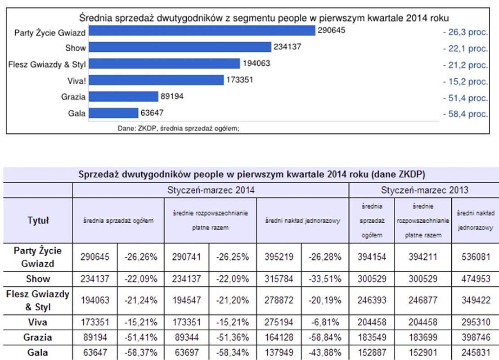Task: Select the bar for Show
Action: (180, 47)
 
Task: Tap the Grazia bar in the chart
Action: (123, 97)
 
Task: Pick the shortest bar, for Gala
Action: (113, 113)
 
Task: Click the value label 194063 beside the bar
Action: (256, 63)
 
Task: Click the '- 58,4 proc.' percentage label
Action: (465, 114)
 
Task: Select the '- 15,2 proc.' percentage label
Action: (465, 81)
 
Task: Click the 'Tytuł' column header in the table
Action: (38, 220)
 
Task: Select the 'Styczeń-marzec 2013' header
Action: (424, 190)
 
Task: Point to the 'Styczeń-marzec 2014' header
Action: (211, 190)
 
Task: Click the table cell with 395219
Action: (279, 257)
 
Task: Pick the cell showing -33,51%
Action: (325, 279)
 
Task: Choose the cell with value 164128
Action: (279, 337)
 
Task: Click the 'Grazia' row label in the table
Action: (38, 337)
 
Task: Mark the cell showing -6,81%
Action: (325, 322)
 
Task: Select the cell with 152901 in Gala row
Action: (423, 353)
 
